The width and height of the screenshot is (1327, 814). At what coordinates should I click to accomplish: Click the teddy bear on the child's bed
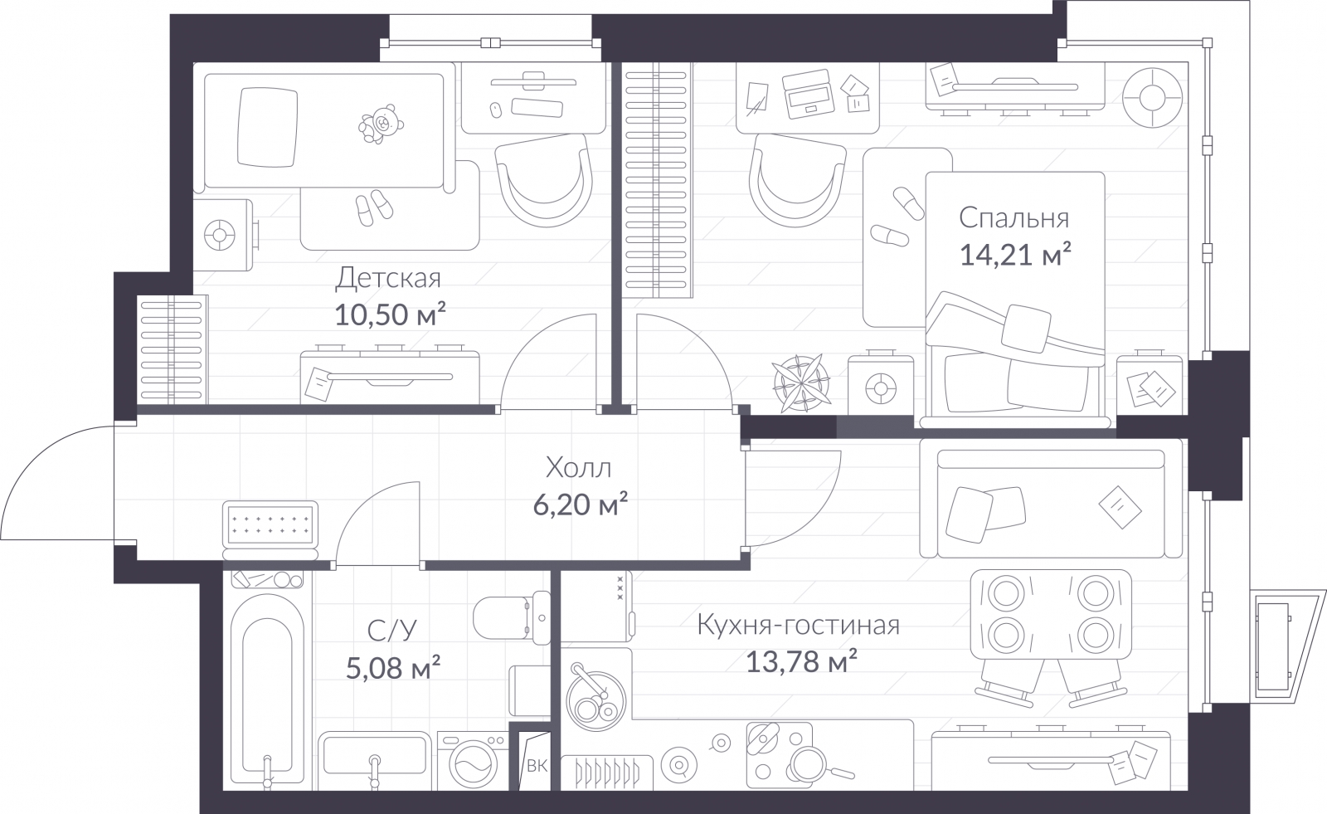pyautogui.click(x=381, y=124)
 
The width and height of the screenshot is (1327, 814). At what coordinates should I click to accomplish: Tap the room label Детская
pyautogui.click(x=388, y=278)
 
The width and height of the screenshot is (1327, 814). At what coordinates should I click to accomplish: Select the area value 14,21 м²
pyautogui.click(x=1015, y=255)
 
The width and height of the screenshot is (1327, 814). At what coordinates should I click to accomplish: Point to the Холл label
pyautogui.click(x=578, y=468)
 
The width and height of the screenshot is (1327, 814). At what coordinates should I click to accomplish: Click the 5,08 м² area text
pyautogui.click(x=393, y=668)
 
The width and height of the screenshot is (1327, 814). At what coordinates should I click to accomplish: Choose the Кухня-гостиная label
pyautogui.click(x=798, y=625)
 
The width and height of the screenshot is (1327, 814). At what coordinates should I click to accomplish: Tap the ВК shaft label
pyautogui.click(x=537, y=766)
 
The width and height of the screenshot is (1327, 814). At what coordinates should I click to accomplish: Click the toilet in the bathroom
pyautogui.click(x=513, y=617)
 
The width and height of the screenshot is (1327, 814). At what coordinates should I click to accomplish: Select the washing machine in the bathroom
pyautogui.click(x=473, y=761)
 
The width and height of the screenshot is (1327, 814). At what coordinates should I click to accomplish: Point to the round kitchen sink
pyautogui.click(x=595, y=699)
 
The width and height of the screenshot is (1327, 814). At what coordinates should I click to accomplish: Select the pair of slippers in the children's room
pyautogui.click(x=374, y=207)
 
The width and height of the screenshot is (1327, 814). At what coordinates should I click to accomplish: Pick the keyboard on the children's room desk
pyautogui.click(x=537, y=107)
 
